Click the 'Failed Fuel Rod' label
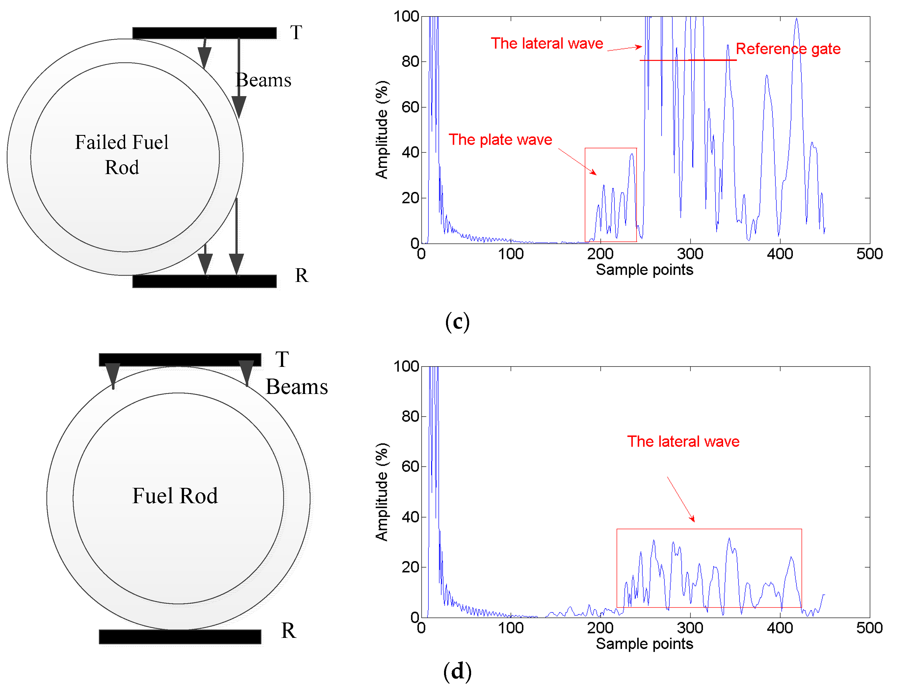click(122, 155)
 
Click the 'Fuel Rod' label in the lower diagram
click(175, 496)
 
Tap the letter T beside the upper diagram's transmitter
click(296, 32)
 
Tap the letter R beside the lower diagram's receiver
click(288, 631)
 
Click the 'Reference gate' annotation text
click(788, 49)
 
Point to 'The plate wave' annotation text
click(500, 139)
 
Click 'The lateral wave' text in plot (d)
click(683, 441)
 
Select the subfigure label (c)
click(457, 322)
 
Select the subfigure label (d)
click(457, 671)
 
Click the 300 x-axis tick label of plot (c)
click(690, 254)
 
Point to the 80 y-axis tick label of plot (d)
click(410, 416)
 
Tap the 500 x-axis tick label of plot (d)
click(869, 628)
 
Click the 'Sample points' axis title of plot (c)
click(644, 270)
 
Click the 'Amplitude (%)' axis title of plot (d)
click(382, 492)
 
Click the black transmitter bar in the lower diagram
click(180, 360)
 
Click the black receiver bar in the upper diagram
click(204, 281)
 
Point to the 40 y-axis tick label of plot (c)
click(410, 153)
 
